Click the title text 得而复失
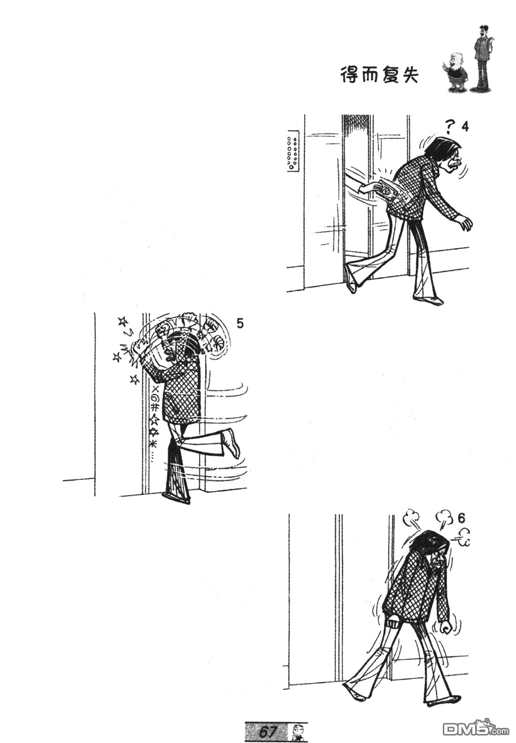[x=379, y=75]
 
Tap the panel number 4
[x=465, y=127]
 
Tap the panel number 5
[x=240, y=323]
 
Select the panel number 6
[x=461, y=518]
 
